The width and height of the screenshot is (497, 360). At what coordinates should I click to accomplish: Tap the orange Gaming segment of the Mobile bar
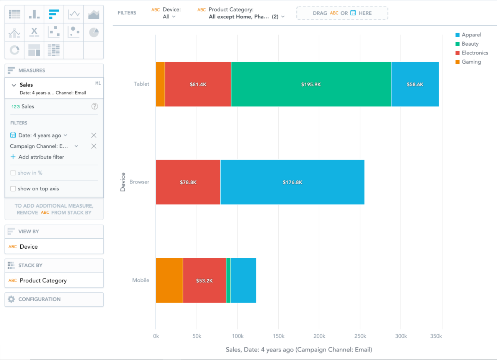(x=169, y=281)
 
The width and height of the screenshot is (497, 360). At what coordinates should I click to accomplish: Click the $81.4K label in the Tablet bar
(x=198, y=84)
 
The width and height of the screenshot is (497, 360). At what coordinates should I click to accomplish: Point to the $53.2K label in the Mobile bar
(x=204, y=281)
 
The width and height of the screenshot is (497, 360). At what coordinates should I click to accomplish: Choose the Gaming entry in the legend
(x=471, y=62)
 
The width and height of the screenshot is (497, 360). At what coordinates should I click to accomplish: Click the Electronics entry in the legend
(x=474, y=53)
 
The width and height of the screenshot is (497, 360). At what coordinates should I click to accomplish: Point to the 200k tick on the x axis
(x=319, y=336)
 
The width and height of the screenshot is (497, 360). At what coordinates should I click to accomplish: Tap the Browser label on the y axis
(x=139, y=182)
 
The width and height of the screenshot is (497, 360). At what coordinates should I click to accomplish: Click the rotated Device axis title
(x=123, y=182)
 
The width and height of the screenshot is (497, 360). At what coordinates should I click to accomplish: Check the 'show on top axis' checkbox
(x=13, y=189)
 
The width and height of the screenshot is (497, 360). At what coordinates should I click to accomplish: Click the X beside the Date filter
(x=94, y=135)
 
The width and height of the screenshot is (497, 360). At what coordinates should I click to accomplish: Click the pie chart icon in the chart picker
(x=94, y=32)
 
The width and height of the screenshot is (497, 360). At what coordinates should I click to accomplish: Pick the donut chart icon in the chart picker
(x=15, y=50)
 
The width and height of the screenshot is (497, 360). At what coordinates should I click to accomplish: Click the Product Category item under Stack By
(x=43, y=281)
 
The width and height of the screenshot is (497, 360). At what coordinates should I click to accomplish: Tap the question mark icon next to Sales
(x=94, y=106)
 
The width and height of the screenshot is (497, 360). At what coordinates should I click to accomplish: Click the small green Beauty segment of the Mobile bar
(x=228, y=281)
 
